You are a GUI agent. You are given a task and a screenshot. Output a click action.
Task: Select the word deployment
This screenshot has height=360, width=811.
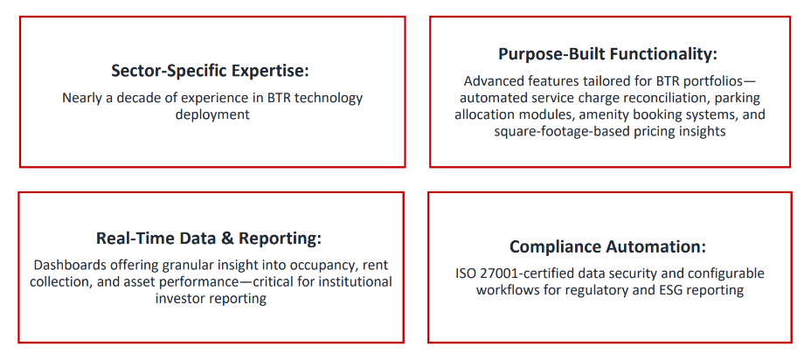[x=212, y=114]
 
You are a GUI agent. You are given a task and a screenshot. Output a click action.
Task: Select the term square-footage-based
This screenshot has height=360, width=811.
[x=560, y=131]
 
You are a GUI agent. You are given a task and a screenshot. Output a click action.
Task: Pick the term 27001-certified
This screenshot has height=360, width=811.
[x=523, y=273]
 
